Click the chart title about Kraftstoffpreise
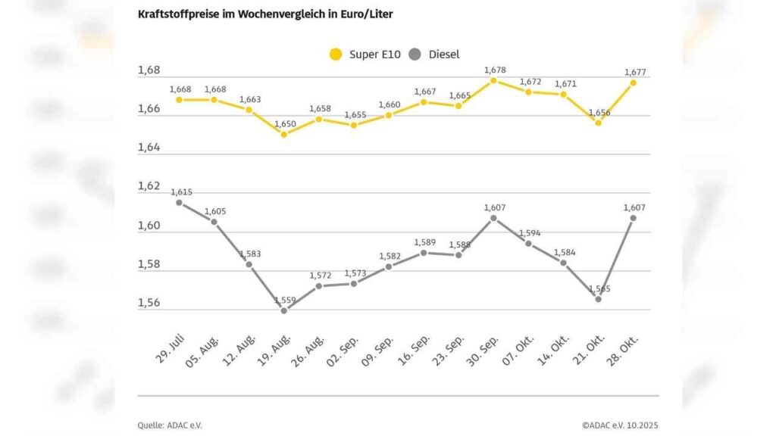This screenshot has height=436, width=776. tap(265, 14)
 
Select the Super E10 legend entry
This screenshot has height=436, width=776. tap(367, 54)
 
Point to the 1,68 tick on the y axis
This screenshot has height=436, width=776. tap(149, 70)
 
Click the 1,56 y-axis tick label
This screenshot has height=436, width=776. tap(149, 303)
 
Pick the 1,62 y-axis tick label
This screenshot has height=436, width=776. tap(149, 186)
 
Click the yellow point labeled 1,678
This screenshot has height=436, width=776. tap(493, 80)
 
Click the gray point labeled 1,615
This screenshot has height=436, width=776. tap(179, 202)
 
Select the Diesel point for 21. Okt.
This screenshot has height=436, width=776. tap(598, 299)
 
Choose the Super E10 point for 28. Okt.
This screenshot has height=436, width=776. tap(634, 83)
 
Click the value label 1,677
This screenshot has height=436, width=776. tap(635, 72)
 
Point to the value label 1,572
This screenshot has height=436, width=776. tap(321, 275)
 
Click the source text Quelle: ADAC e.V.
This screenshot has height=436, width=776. tap(170, 425)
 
